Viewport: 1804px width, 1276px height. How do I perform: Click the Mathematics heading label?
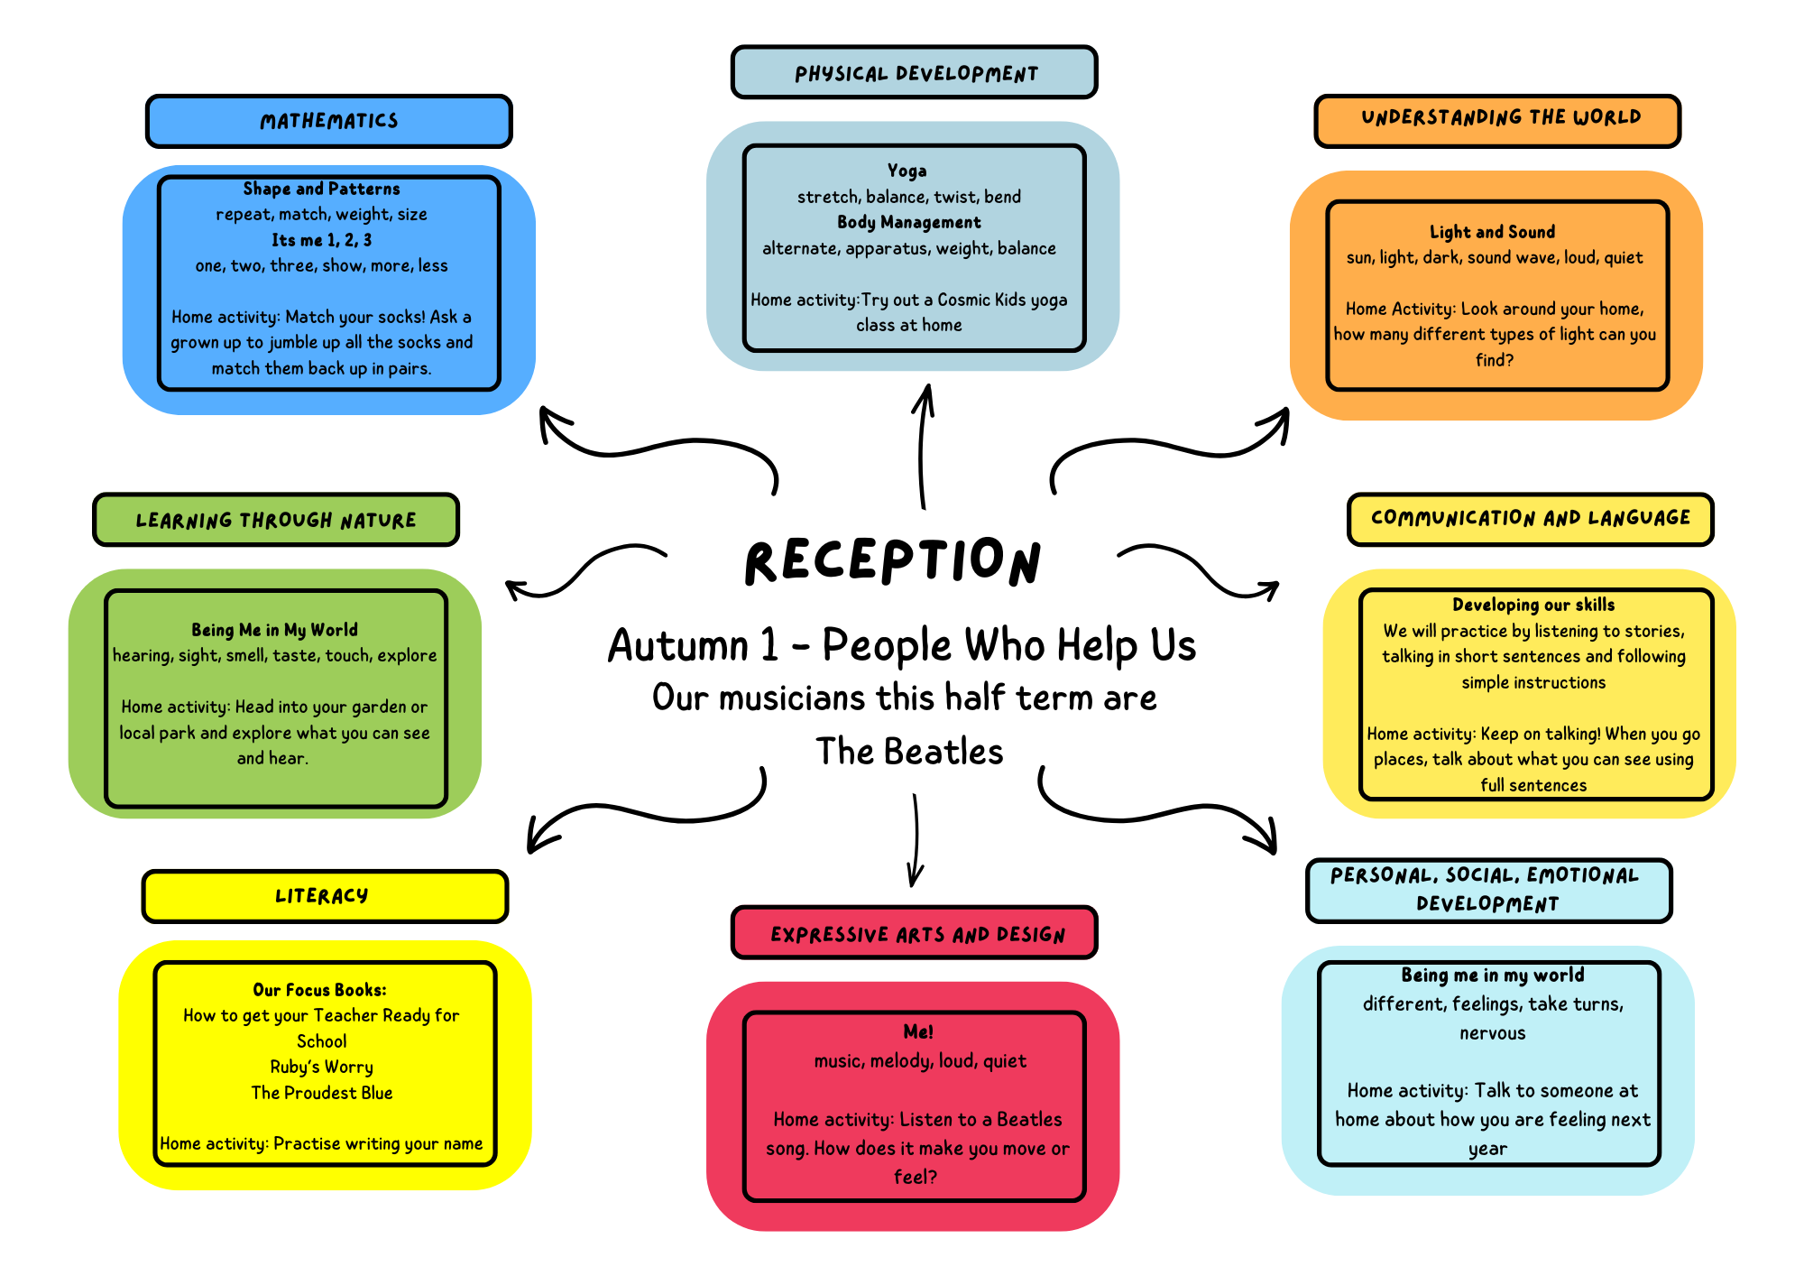point(329,121)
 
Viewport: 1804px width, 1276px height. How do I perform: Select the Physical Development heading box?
point(915,73)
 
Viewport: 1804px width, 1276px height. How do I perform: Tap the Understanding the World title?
point(1499,118)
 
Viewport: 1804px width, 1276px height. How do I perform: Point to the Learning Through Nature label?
point(276,520)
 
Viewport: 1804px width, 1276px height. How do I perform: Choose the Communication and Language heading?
point(1530,518)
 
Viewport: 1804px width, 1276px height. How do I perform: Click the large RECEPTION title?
point(893,561)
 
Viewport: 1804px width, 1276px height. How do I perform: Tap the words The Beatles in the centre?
point(909,752)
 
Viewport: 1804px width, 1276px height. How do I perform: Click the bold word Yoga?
point(907,171)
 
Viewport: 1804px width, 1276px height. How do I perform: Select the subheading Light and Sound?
point(1492,232)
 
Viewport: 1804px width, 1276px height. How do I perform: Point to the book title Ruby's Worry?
point(322,1067)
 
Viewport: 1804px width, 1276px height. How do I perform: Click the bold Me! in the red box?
point(918,1031)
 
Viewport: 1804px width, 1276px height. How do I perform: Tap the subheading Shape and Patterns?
point(321,189)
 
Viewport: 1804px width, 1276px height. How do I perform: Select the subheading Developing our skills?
point(1533,605)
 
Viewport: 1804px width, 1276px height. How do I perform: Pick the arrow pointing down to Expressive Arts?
point(916,839)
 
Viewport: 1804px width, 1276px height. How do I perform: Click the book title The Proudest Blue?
point(322,1093)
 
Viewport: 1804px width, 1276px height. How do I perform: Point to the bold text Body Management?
point(908,222)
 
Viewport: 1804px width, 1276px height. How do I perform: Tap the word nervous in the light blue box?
point(1493,1033)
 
